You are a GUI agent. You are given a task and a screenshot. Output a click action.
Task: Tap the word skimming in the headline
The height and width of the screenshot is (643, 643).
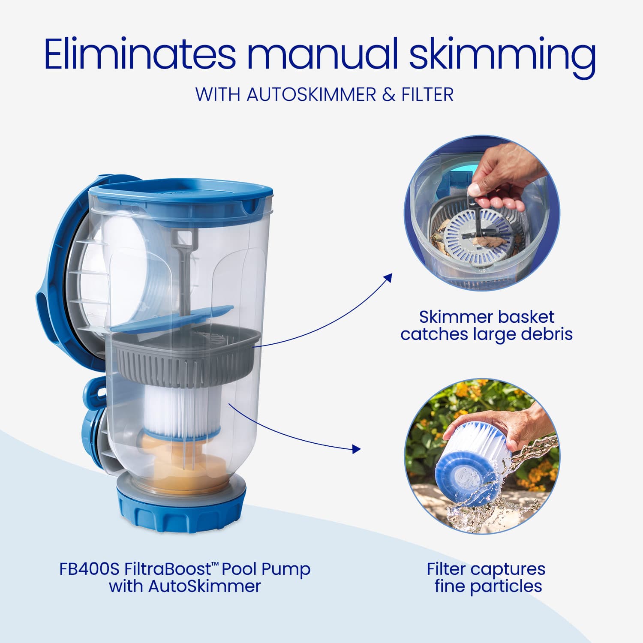502,55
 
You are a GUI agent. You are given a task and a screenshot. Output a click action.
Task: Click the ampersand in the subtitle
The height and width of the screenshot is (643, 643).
388,95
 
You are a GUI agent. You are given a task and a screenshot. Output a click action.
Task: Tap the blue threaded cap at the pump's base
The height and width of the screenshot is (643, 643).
181,512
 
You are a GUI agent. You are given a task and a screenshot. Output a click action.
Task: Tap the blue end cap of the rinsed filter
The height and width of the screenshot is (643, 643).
457,476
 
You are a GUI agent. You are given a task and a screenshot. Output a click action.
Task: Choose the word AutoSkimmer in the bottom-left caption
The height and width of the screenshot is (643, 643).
204,586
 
